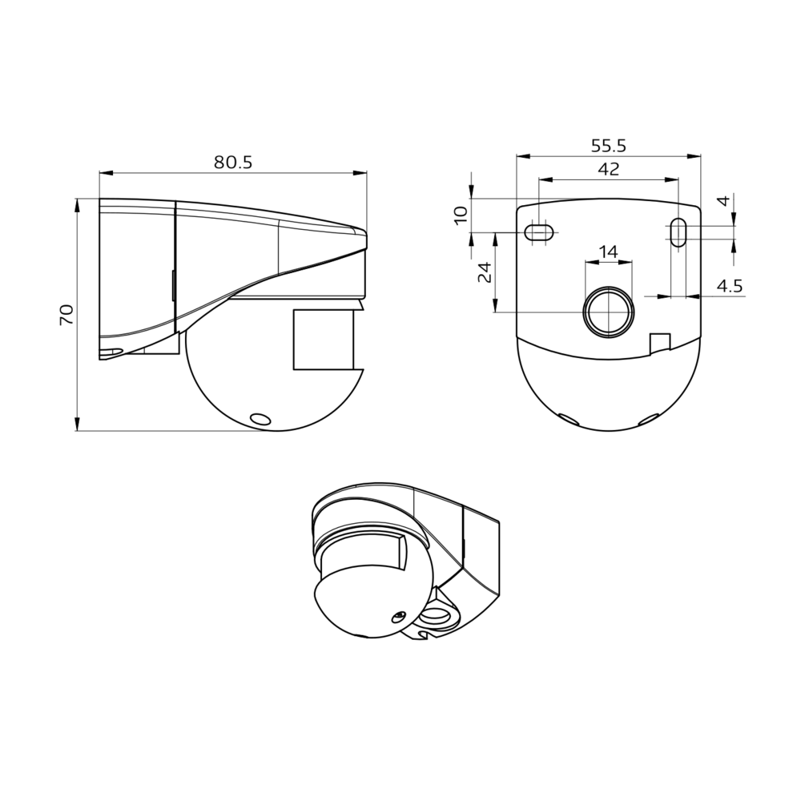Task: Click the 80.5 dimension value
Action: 233,162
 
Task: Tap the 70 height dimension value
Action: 66,313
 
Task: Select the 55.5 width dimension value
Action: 608,146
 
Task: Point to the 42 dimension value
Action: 608,169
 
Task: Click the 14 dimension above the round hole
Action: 608,252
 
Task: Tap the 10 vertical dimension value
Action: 461,214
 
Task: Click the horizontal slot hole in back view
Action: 539,232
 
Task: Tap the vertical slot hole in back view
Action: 678,232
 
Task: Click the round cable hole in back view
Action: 608,312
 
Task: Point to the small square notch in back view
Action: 658,342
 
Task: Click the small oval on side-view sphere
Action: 260,419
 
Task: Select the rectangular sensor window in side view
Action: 324,340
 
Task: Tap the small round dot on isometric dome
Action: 397,616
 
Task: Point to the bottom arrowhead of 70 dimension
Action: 78,425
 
